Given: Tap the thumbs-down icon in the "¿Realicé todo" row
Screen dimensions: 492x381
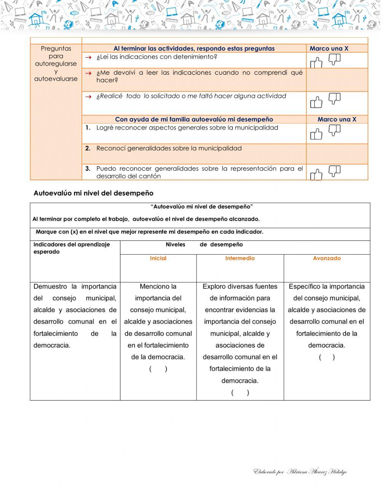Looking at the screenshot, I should (334, 98).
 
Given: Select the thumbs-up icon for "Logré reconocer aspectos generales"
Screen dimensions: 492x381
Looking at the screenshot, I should (316, 134).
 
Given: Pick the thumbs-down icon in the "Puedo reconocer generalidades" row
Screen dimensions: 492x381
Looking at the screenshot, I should (334, 170).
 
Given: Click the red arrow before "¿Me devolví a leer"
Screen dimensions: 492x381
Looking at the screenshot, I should (88, 73).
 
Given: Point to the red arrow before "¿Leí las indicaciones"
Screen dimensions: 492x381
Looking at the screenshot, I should (88, 57).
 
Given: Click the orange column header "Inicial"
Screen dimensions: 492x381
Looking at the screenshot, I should (158, 258).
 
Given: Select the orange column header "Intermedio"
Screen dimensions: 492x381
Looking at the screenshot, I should (240, 258).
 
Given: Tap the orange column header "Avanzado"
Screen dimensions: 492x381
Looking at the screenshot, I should (327, 258).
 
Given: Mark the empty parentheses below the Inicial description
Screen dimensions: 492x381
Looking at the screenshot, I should (158, 369).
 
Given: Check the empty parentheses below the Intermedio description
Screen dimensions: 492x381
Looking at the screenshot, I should (240, 393).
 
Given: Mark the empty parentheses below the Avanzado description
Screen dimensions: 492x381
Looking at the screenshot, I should (327, 357).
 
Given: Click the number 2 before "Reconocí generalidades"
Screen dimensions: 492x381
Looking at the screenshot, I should (88, 148).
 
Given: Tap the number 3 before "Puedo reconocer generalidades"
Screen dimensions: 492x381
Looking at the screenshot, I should (88, 168).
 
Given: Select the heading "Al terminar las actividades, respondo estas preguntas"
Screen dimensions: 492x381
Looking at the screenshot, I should (194, 48).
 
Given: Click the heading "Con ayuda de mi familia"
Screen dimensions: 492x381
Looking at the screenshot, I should (194, 119).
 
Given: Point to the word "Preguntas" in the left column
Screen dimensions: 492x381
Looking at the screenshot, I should (56, 48).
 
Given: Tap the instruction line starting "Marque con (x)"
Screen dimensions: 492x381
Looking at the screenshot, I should (149, 232).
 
